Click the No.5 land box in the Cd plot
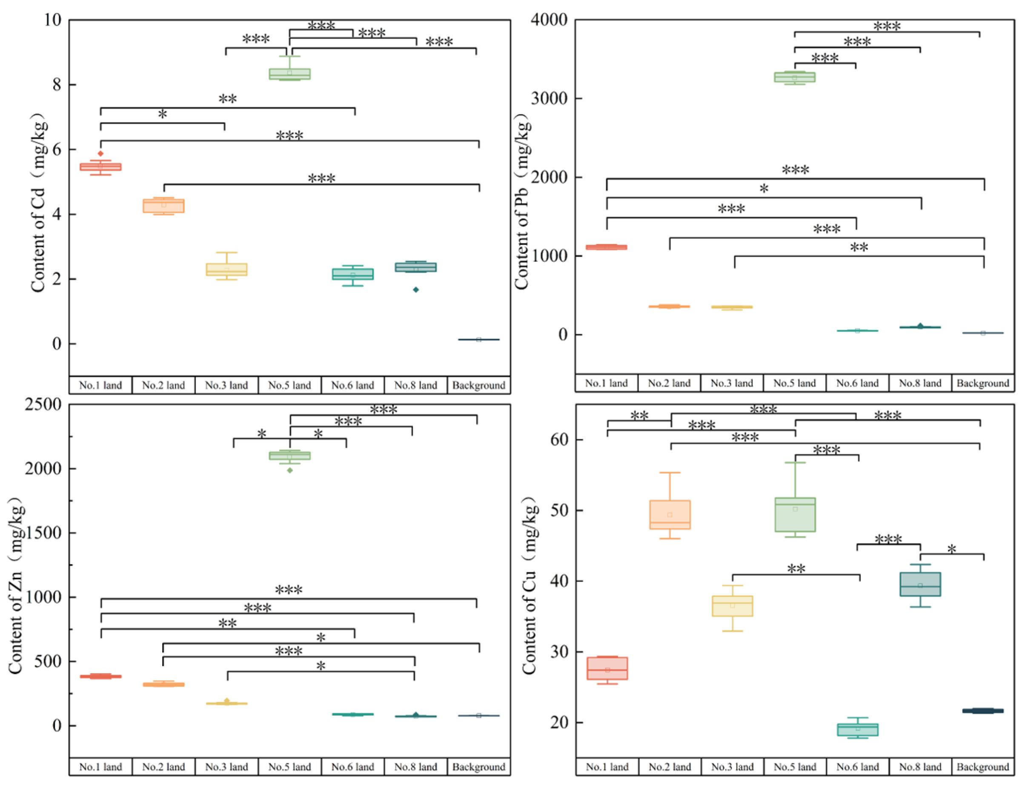click(x=289, y=74)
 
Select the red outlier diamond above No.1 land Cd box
click(x=100, y=153)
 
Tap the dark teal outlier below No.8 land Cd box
click(x=416, y=290)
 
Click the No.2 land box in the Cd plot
click(x=163, y=206)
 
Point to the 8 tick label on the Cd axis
click(x=57, y=84)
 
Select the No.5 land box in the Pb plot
click(x=795, y=77)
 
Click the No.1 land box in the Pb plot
click(x=607, y=247)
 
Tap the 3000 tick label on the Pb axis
click(x=549, y=98)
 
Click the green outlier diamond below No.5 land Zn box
click(x=289, y=471)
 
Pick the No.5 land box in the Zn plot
click(x=289, y=455)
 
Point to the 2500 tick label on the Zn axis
click(x=43, y=404)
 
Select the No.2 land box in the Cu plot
click(x=670, y=515)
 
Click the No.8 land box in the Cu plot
click(x=920, y=584)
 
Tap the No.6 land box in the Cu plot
click(x=857, y=729)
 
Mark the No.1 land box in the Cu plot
click(x=607, y=668)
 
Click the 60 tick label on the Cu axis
click(x=559, y=440)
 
